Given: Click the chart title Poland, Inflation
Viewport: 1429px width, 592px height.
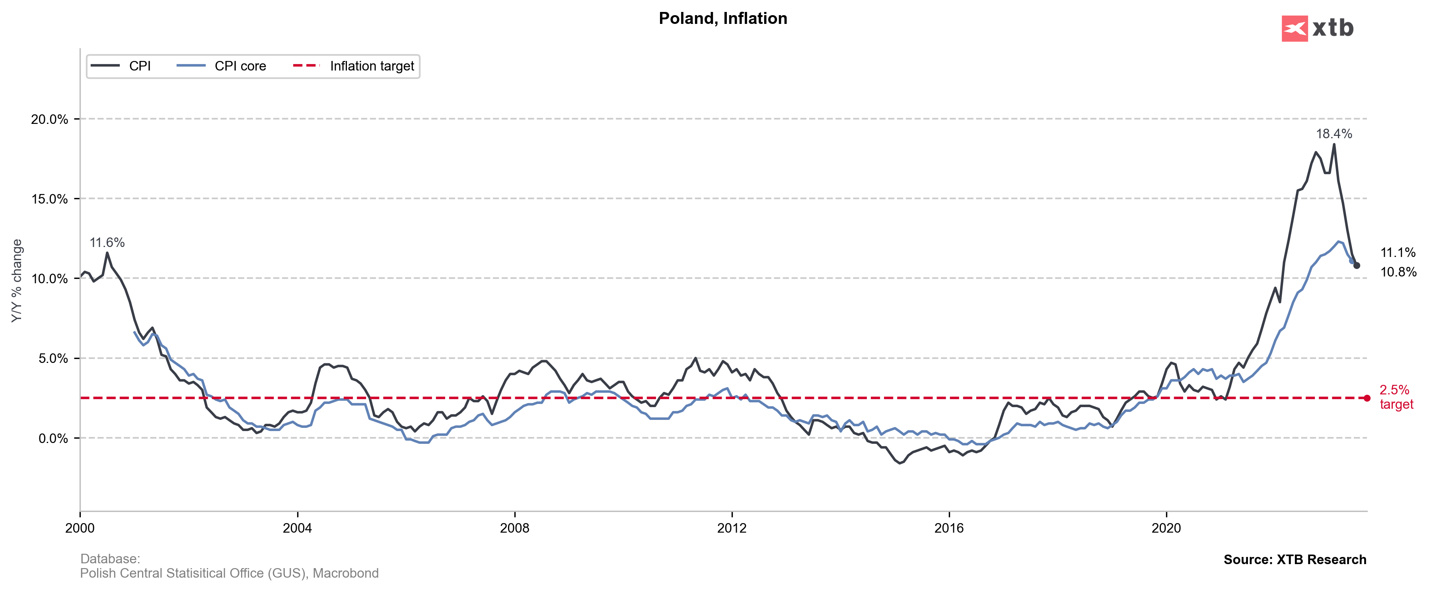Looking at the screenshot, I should pyautogui.click(x=722, y=18).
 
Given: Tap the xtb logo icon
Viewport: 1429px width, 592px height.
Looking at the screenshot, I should pyautogui.click(x=1294, y=28).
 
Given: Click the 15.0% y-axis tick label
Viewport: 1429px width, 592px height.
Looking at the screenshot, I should pyautogui.click(x=49, y=199).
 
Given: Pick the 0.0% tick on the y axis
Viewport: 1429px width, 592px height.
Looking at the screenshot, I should pyautogui.click(x=53, y=439).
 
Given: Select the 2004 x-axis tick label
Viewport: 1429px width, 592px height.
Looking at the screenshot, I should pyautogui.click(x=297, y=528).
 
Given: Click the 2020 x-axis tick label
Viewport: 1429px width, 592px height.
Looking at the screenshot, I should pyautogui.click(x=1166, y=528).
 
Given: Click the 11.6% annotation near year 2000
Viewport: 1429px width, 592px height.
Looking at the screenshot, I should pyautogui.click(x=107, y=243).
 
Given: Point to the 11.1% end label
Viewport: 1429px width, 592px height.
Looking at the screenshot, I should pyautogui.click(x=1398, y=253).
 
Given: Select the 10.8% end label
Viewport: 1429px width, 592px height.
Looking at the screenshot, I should pyautogui.click(x=1398, y=272).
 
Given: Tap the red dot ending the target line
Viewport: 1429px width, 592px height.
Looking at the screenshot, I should pyautogui.click(x=1367, y=398).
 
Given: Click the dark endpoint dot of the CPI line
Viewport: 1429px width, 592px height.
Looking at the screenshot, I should pyautogui.click(x=1357, y=265).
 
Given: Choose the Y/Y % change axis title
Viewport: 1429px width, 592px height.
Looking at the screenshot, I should pyautogui.click(x=17, y=280).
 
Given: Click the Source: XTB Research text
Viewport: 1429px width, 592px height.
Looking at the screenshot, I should pyautogui.click(x=1295, y=560).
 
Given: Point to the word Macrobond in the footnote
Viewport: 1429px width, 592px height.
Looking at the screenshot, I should pyautogui.click(x=346, y=573).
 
